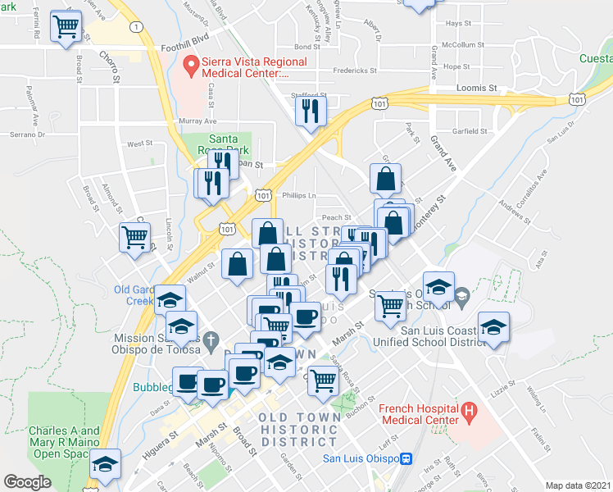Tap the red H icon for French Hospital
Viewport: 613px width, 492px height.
pyautogui.click(x=469, y=410)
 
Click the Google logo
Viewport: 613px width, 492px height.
pyautogui.click(x=28, y=482)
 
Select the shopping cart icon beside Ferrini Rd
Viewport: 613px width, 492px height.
pyautogui.click(x=66, y=26)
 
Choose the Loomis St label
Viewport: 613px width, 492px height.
pyautogui.click(x=481, y=87)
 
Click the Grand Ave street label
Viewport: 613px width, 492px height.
pyautogui.click(x=443, y=153)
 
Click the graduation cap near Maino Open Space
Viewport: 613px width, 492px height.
pyautogui.click(x=105, y=464)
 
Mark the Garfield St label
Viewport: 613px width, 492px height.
pyautogui.click(x=470, y=130)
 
